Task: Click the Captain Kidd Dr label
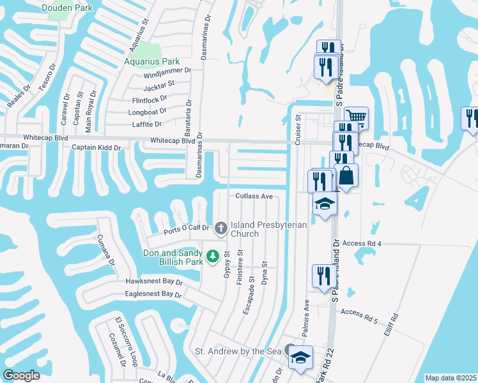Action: pos(96,147)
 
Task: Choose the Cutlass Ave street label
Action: pos(254,197)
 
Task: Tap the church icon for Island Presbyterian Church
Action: pos(220,228)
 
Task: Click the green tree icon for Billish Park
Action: pos(214,254)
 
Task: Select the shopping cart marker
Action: pos(357,117)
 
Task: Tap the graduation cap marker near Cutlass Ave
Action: pos(325,204)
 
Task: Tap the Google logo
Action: pos(21,375)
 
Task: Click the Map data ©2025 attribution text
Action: pos(451,378)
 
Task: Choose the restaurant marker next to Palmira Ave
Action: pos(322,275)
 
